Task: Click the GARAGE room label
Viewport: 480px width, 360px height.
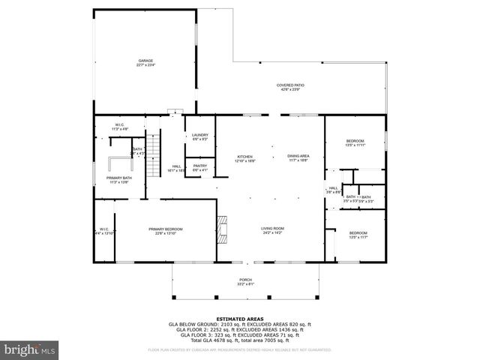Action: click(145, 61)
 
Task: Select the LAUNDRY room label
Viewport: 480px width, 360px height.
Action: click(199, 135)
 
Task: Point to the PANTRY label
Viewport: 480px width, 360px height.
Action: click(199, 166)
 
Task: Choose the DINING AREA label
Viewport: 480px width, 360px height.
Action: click(298, 157)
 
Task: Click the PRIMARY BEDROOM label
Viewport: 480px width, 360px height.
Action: click(165, 229)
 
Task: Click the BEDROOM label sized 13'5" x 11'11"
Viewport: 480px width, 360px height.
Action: click(355, 142)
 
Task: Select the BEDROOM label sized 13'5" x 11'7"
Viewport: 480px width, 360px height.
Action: click(358, 233)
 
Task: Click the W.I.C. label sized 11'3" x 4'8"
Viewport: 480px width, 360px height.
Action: click(119, 125)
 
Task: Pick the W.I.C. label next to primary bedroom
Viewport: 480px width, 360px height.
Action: click(104, 229)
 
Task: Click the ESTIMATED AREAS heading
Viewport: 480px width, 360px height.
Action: click(240, 317)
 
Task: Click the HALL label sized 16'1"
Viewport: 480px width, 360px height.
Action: click(177, 166)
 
